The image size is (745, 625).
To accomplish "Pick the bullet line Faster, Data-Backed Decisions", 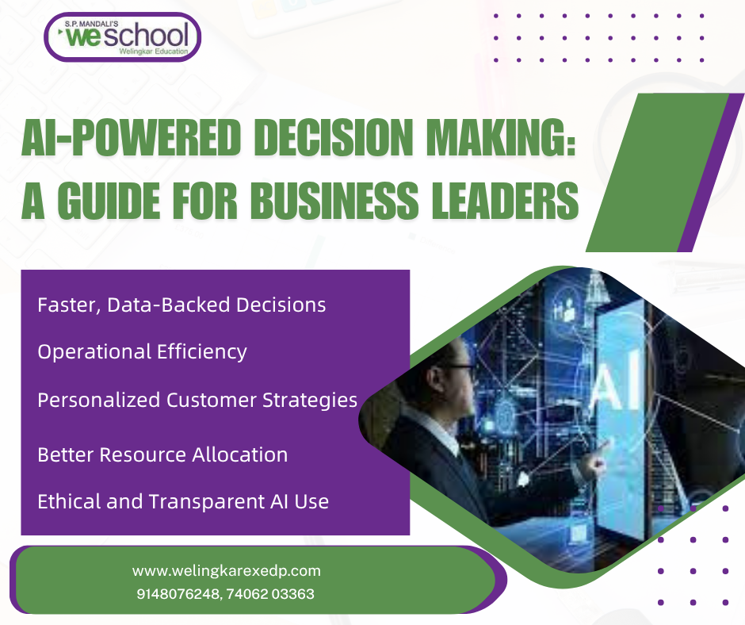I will (181, 305).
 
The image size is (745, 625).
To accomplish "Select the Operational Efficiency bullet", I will (142, 351).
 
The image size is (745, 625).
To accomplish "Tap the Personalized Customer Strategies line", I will (197, 400).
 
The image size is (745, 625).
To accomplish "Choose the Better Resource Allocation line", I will (162, 454).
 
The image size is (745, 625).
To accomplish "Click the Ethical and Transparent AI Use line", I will (183, 501).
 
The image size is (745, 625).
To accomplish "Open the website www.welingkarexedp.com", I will (226, 570).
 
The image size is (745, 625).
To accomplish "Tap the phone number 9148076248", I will (178, 593).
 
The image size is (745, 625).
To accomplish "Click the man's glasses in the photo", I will (457, 368).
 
